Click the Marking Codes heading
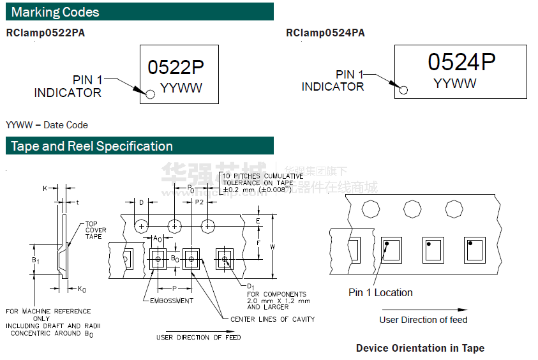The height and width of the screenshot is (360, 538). [56, 12]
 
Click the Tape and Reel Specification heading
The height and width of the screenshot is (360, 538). [92, 146]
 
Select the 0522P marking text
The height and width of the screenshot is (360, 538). [176, 67]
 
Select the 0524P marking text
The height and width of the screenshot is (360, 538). [461, 62]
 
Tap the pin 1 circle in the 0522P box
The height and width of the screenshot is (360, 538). [150, 94]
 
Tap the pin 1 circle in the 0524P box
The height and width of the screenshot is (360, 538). [403, 89]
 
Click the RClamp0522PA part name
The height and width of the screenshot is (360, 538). [45, 33]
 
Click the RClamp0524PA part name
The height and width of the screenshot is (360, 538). [325, 33]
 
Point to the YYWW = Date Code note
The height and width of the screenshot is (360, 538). [47, 125]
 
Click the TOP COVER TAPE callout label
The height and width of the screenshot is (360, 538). [96, 230]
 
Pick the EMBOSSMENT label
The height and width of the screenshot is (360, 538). [171, 301]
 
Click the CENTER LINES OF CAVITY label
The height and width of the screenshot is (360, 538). [273, 319]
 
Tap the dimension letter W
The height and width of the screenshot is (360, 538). [273, 246]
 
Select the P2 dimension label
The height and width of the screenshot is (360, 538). [199, 202]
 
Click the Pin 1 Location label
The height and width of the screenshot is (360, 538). [380, 292]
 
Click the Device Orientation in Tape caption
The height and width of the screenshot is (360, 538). [420, 348]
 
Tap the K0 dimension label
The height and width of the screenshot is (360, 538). [82, 289]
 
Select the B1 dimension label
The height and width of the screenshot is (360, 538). [36, 260]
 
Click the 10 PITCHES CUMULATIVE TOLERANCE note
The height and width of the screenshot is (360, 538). [262, 182]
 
